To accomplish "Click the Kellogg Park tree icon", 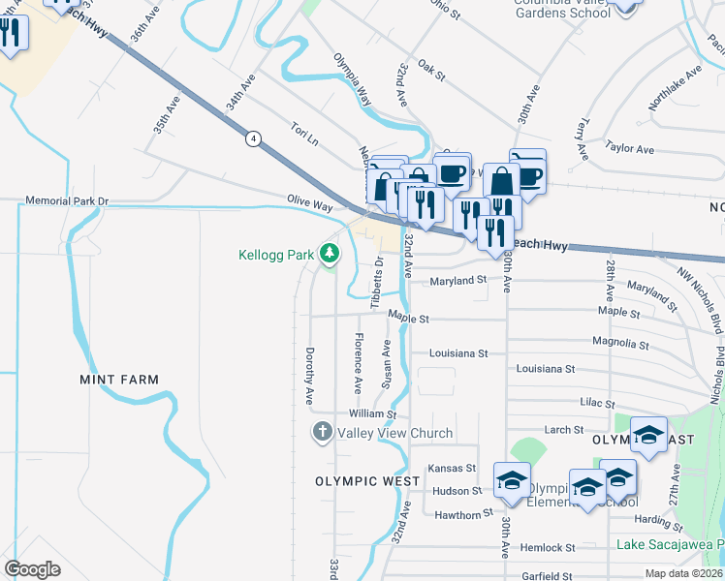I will click(331, 254).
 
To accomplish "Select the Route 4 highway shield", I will click(253, 138).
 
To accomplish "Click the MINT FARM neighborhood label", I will click(119, 380).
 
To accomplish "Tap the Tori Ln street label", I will click(304, 134).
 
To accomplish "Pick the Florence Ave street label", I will click(358, 363).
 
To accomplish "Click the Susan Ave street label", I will click(387, 364).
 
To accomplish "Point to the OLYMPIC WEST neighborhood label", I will click(367, 481).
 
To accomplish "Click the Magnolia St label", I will click(620, 343).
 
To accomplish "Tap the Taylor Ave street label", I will click(630, 148).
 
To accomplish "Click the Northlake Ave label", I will click(676, 87).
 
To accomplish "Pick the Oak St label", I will click(430, 69).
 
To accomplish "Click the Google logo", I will click(32, 568).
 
